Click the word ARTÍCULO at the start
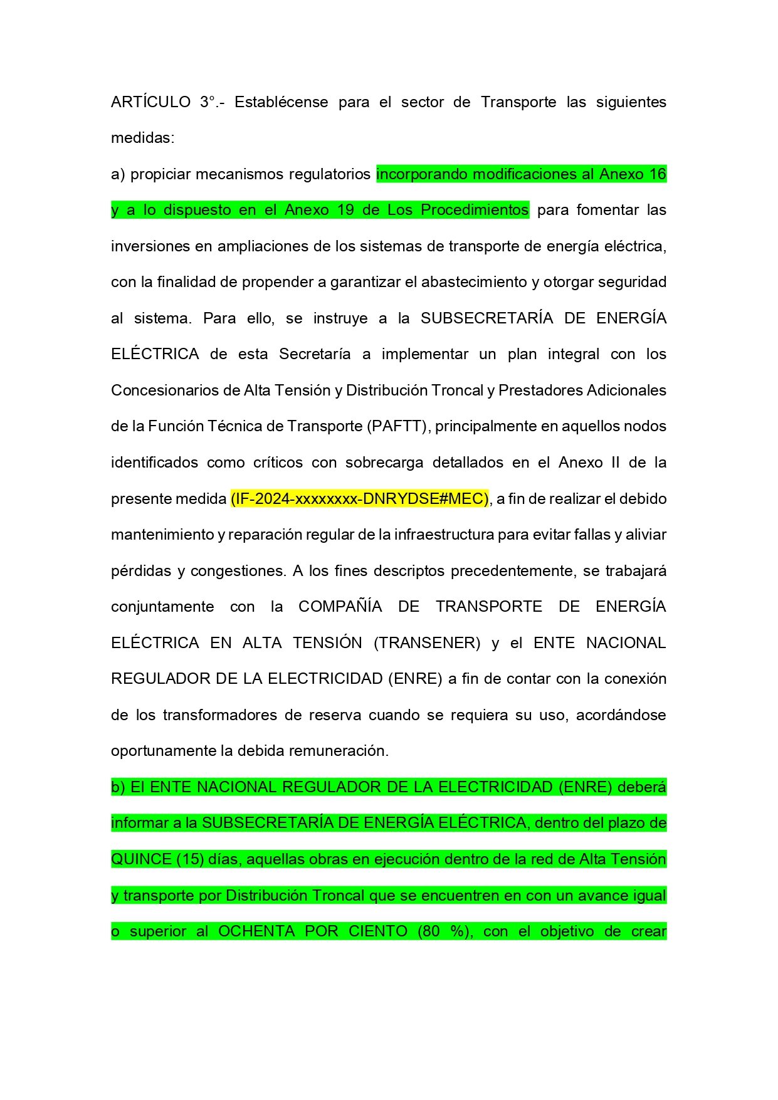(150, 102)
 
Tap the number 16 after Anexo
(658, 174)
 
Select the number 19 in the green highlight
(345, 210)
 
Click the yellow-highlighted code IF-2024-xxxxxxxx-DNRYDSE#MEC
(359, 499)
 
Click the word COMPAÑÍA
(340, 607)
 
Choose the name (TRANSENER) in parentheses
(427, 643)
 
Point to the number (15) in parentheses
(190, 859)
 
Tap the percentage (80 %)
(444, 931)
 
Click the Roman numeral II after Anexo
(615, 463)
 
